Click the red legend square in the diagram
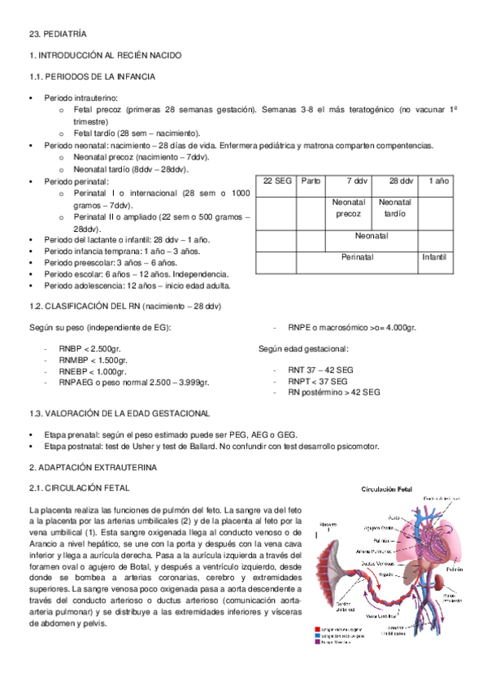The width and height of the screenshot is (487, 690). click(x=317, y=629)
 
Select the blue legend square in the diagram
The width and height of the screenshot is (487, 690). click(x=317, y=635)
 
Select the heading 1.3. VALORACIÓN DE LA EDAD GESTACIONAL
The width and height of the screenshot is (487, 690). click(x=119, y=413)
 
